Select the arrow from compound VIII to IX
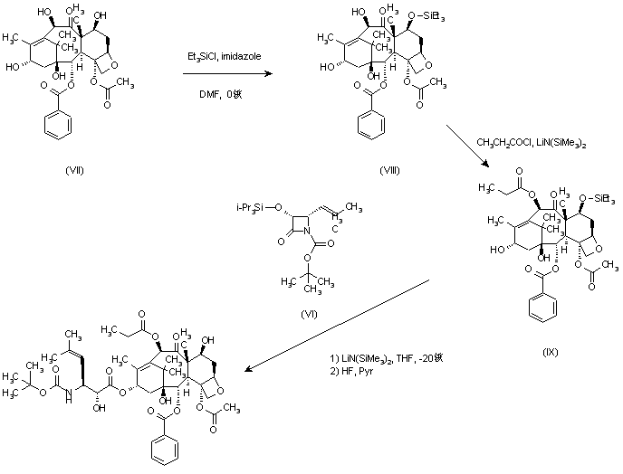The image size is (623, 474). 467,146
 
